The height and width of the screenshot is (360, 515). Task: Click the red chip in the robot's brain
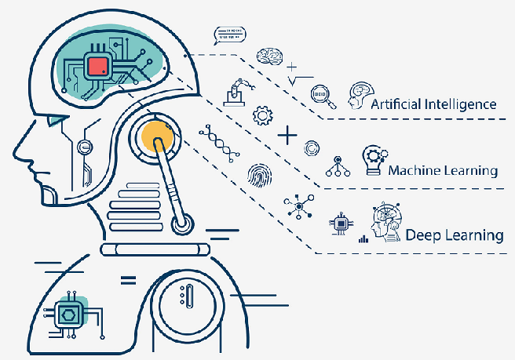coord(98,67)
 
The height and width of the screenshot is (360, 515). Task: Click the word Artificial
coord(396,104)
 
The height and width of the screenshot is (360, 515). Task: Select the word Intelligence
coord(461,104)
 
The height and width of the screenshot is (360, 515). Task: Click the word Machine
coord(415,171)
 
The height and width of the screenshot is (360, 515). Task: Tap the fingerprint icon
coord(260,176)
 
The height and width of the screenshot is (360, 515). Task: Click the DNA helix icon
coord(219,143)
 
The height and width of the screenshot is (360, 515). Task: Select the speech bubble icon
coord(229,35)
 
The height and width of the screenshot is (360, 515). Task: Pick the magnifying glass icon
coord(323,96)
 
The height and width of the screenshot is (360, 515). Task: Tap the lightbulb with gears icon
coord(374,160)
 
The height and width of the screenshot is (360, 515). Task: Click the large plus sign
coord(287,135)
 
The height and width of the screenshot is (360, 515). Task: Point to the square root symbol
coord(300,81)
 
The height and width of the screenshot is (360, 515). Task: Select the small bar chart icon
coord(363,239)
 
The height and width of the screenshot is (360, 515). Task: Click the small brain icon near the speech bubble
coord(269,56)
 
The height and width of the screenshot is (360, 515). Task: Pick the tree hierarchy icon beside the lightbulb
coord(338,166)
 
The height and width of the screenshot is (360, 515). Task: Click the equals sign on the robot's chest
coord(128,281)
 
